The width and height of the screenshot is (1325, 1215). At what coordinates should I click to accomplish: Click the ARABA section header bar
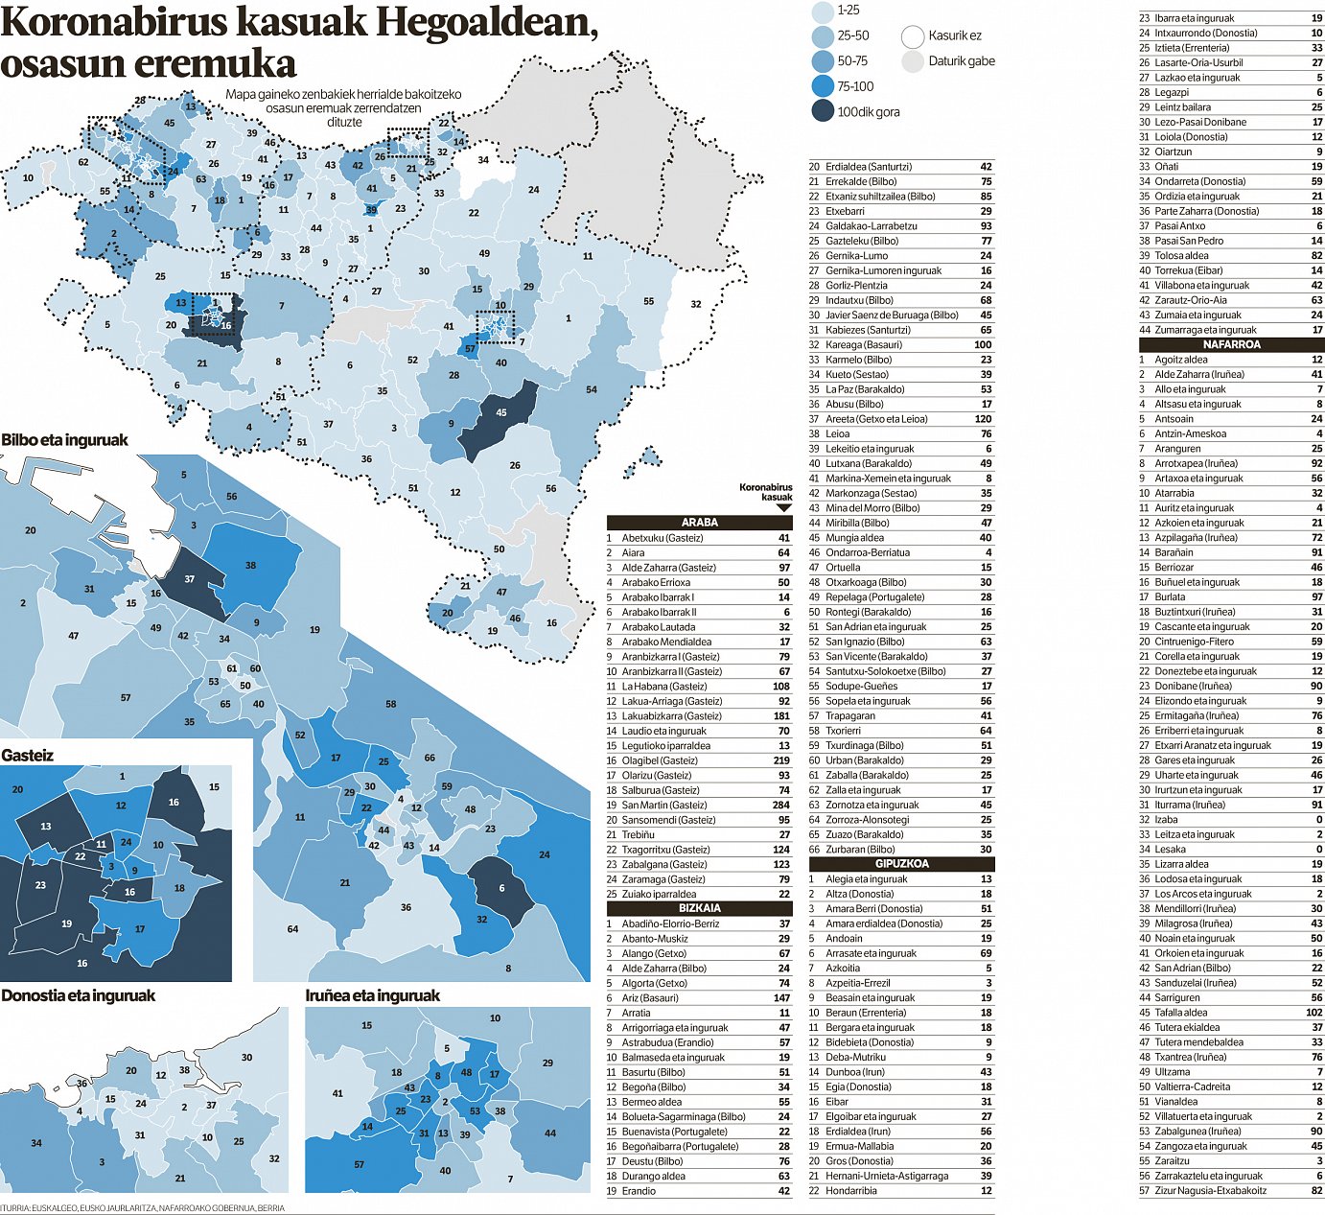pyautogui.click(x=699, y=523)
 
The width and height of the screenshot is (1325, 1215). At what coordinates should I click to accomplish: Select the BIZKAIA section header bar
pyautogui.click(x=699, y=908)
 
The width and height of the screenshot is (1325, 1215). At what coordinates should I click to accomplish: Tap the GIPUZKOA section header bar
pyautogui.click(x=901, y=863)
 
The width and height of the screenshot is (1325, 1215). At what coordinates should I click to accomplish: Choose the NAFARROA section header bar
pyautogui.click(x=1231, y=344)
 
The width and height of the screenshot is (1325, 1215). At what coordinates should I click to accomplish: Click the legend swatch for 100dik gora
pyautogui.click(x=823, y=111)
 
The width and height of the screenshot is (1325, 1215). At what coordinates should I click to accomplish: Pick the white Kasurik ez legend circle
pyautogui.click(x=912, y=36)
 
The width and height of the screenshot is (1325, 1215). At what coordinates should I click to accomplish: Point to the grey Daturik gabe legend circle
pyautogui.click(x=912, y=61)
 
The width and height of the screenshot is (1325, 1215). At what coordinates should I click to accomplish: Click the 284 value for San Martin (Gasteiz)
pyautogui.click(x=781, y=805)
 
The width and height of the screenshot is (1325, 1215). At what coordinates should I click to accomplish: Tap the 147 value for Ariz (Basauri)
pyautogui.click(x=781, y=997)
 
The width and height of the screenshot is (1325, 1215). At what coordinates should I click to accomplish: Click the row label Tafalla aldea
pyautogui.click(x=1180, y=1012)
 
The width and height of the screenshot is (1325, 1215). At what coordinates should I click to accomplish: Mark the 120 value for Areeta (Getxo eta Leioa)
pyautogui.click(x=983, y=418)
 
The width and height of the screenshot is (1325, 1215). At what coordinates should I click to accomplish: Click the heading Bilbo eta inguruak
pyautogui.click(x=64, y=440)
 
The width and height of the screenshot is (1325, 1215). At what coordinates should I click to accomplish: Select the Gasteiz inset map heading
pyautogui.click(x=27, y=755)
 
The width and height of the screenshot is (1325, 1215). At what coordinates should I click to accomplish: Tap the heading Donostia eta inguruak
pyautogui.click(x=78, y=995)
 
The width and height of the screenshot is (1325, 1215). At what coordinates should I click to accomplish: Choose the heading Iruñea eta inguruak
pyautogui.click(x=372, y=995)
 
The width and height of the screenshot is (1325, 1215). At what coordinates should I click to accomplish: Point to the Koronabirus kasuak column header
pyautogui.click(x=766, y=492)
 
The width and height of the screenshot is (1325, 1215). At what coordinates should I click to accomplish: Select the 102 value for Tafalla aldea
pyautogui.click(x=1313, y=1012)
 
